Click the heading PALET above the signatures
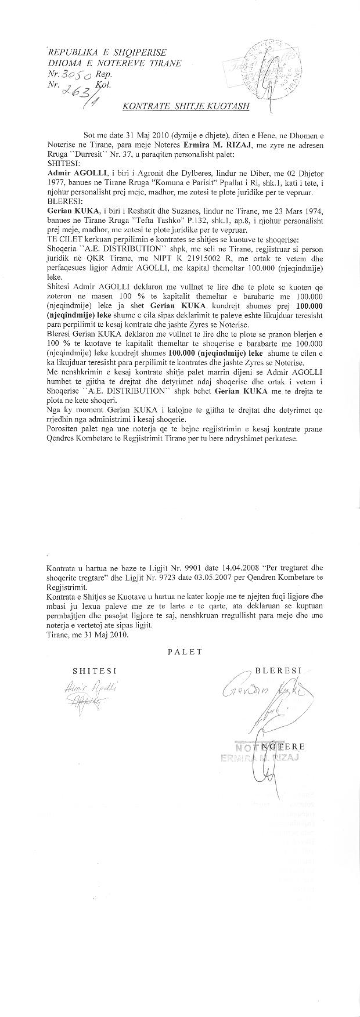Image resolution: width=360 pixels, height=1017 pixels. pos(185,651)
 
